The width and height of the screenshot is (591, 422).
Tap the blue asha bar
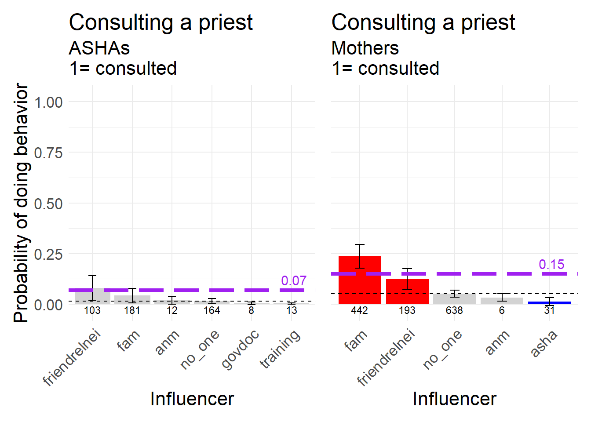point(549,303)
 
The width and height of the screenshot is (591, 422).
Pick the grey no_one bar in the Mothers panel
point(454,299)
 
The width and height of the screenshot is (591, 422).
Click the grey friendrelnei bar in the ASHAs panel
point(92,297)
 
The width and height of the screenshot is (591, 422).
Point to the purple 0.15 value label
point(551,265)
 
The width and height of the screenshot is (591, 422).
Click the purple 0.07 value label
point(293,281)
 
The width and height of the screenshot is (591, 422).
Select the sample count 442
point(359,311)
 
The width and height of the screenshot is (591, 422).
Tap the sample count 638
point(454,311)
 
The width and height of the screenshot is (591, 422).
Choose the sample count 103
point(92,311)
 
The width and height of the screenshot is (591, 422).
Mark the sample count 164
point(212,311)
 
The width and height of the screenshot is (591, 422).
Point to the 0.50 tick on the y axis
point(48,204)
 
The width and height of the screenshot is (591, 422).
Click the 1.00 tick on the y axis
point(48,103)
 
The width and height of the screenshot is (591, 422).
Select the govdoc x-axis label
point(240,350)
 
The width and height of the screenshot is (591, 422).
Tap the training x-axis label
point(280,349)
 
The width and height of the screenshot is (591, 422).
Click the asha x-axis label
point(544,343)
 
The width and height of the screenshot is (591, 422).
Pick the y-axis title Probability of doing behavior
point(22,203)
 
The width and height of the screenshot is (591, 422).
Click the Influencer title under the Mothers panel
point(454,399)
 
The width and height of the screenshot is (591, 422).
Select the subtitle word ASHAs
point(99,48)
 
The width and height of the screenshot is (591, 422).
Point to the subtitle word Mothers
point(365,48)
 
